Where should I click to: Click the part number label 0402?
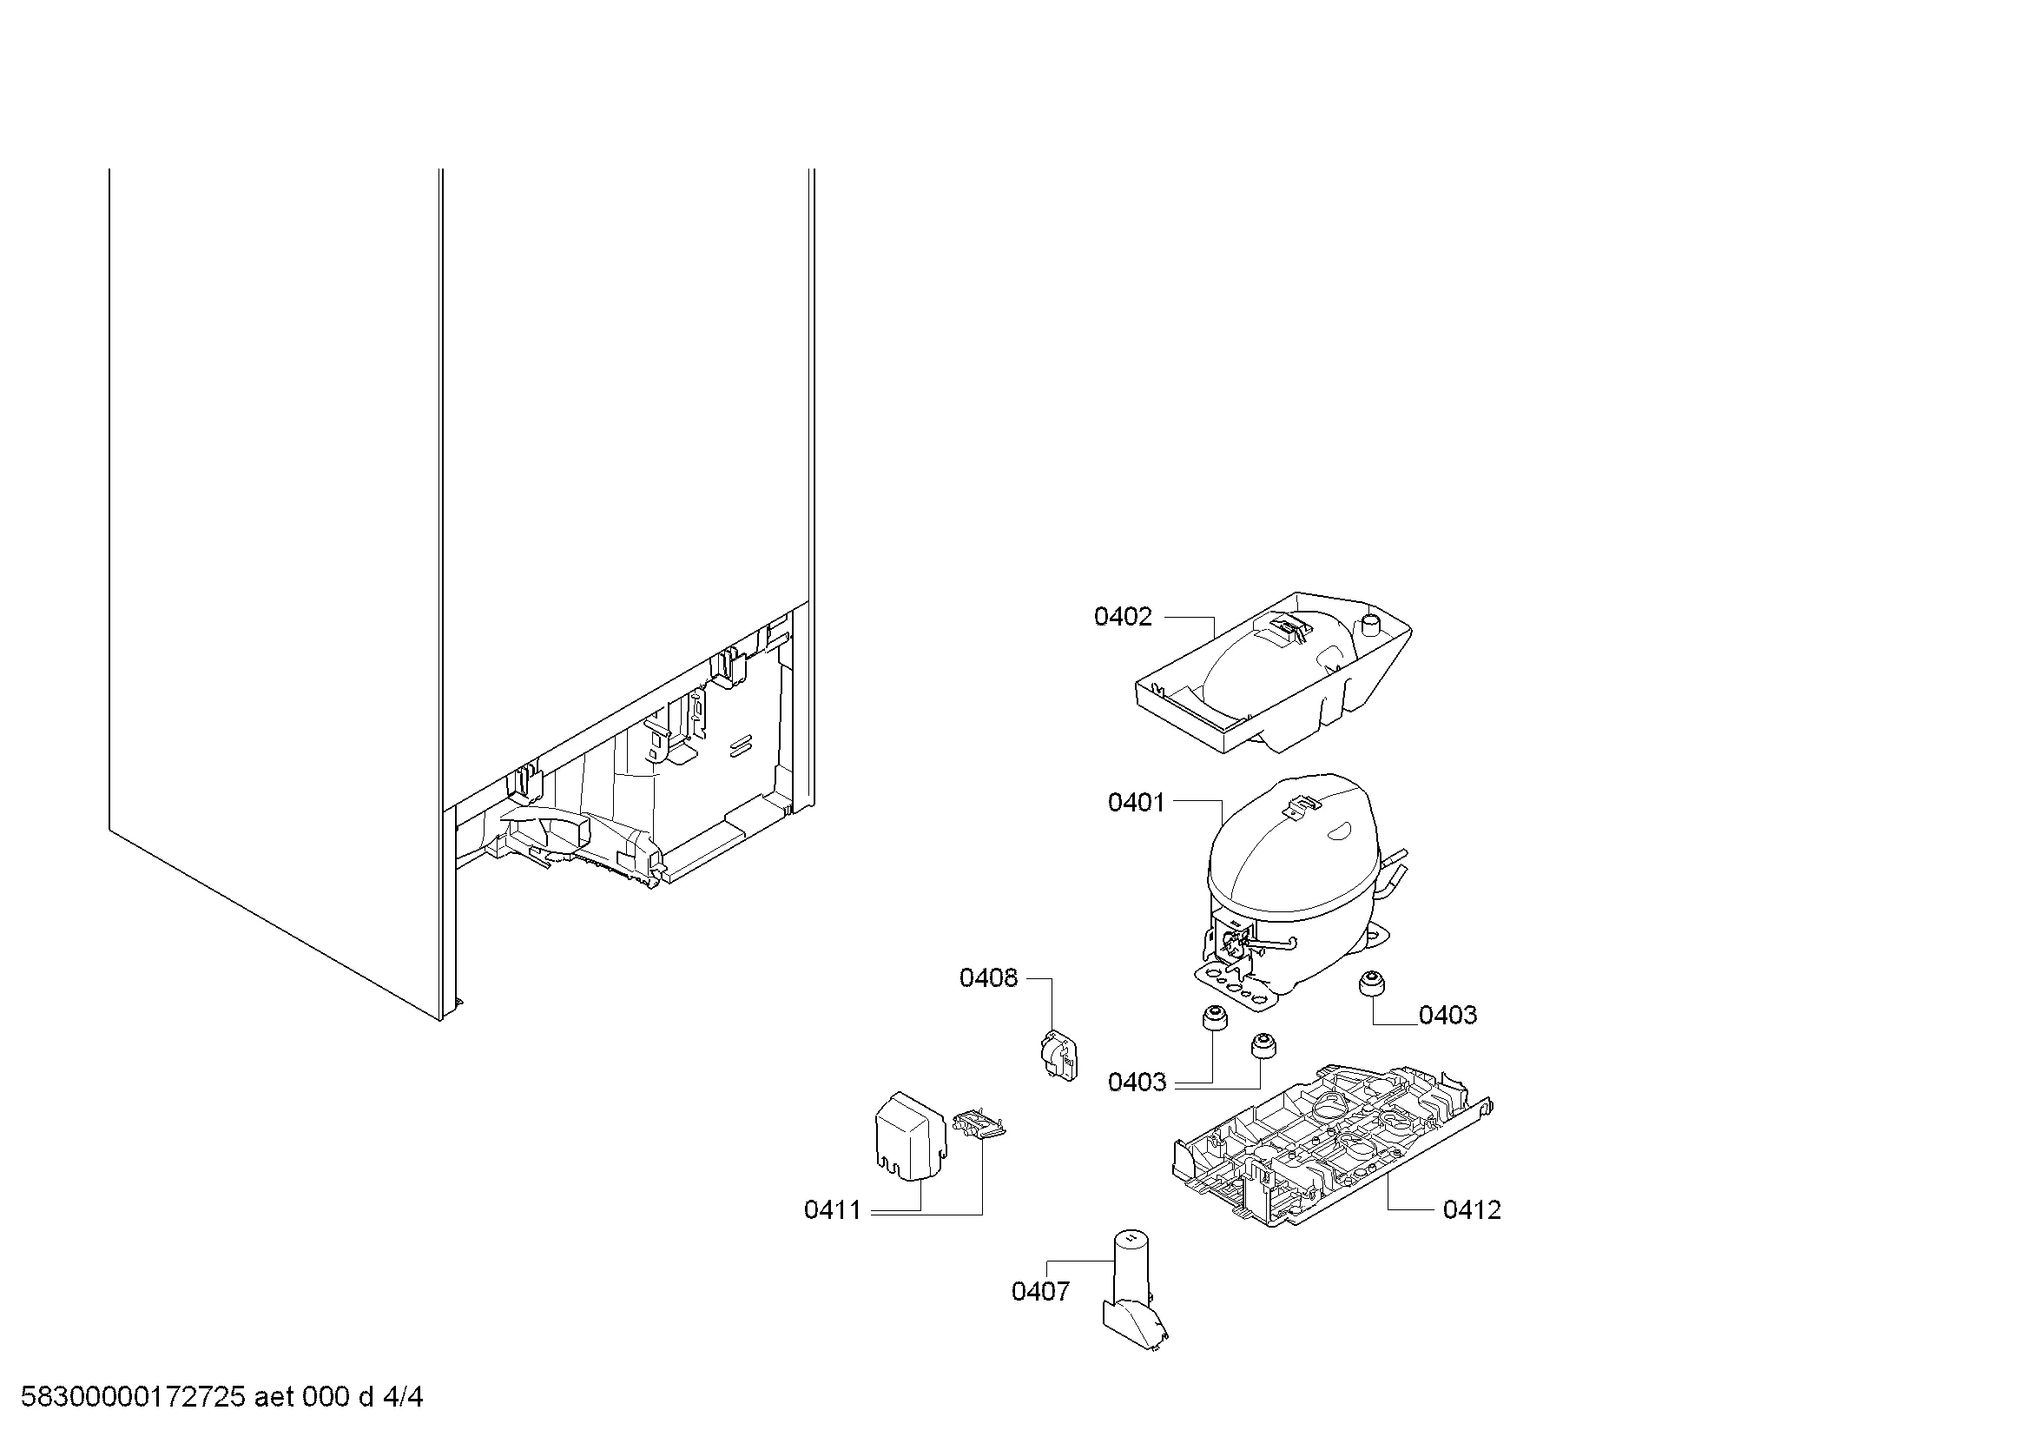pyautogui.click(x=1123, y=617)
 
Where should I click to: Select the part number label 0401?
pyautogui.click(x=1136, y=803)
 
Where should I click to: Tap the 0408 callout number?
pyautogui.click(x=988, y=977)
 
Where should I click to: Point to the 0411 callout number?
pyautogui.click(x=833, y=1209)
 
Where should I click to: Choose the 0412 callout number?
pyautogui.click(x=1472, y=1209)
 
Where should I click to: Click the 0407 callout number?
pyautogui.click(x=1040, y=1292)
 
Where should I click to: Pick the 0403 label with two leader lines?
pyautogui.click(x=1137, y=1083)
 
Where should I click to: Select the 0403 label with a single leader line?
pyautogui.click(x=1448, y=1015)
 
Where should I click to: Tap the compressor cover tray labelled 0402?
pyautogui.click(x=1274, y=672)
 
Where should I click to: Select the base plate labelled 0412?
pyautogui.click(x=1331, y=1146)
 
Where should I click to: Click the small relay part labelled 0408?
pyautogui.click(x=1058, y=1056)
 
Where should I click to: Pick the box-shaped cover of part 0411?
pyautogui.click(x=910, y=1136)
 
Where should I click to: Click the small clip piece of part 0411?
pyautogui.click(x=980, y=1124)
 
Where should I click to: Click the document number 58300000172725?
pyautogui.click(x=133, y=1397)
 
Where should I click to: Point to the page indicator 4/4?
pyautogui.click(x=403, y=1397)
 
